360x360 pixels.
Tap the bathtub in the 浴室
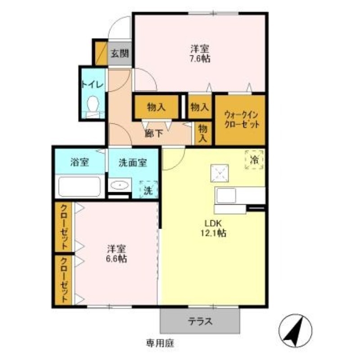80,186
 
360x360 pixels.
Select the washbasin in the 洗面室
119,185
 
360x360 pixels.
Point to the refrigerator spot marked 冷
254,160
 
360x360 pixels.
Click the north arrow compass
295,331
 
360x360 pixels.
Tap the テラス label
200,321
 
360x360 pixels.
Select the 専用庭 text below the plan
160,343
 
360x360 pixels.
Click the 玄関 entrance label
120,54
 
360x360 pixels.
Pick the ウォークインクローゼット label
242,119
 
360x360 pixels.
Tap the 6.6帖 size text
117,259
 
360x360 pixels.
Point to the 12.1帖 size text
213,233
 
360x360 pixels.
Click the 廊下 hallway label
154,133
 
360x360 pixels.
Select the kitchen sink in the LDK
226,196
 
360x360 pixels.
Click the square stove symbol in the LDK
220,173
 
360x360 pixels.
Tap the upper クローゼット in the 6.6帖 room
63,227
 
